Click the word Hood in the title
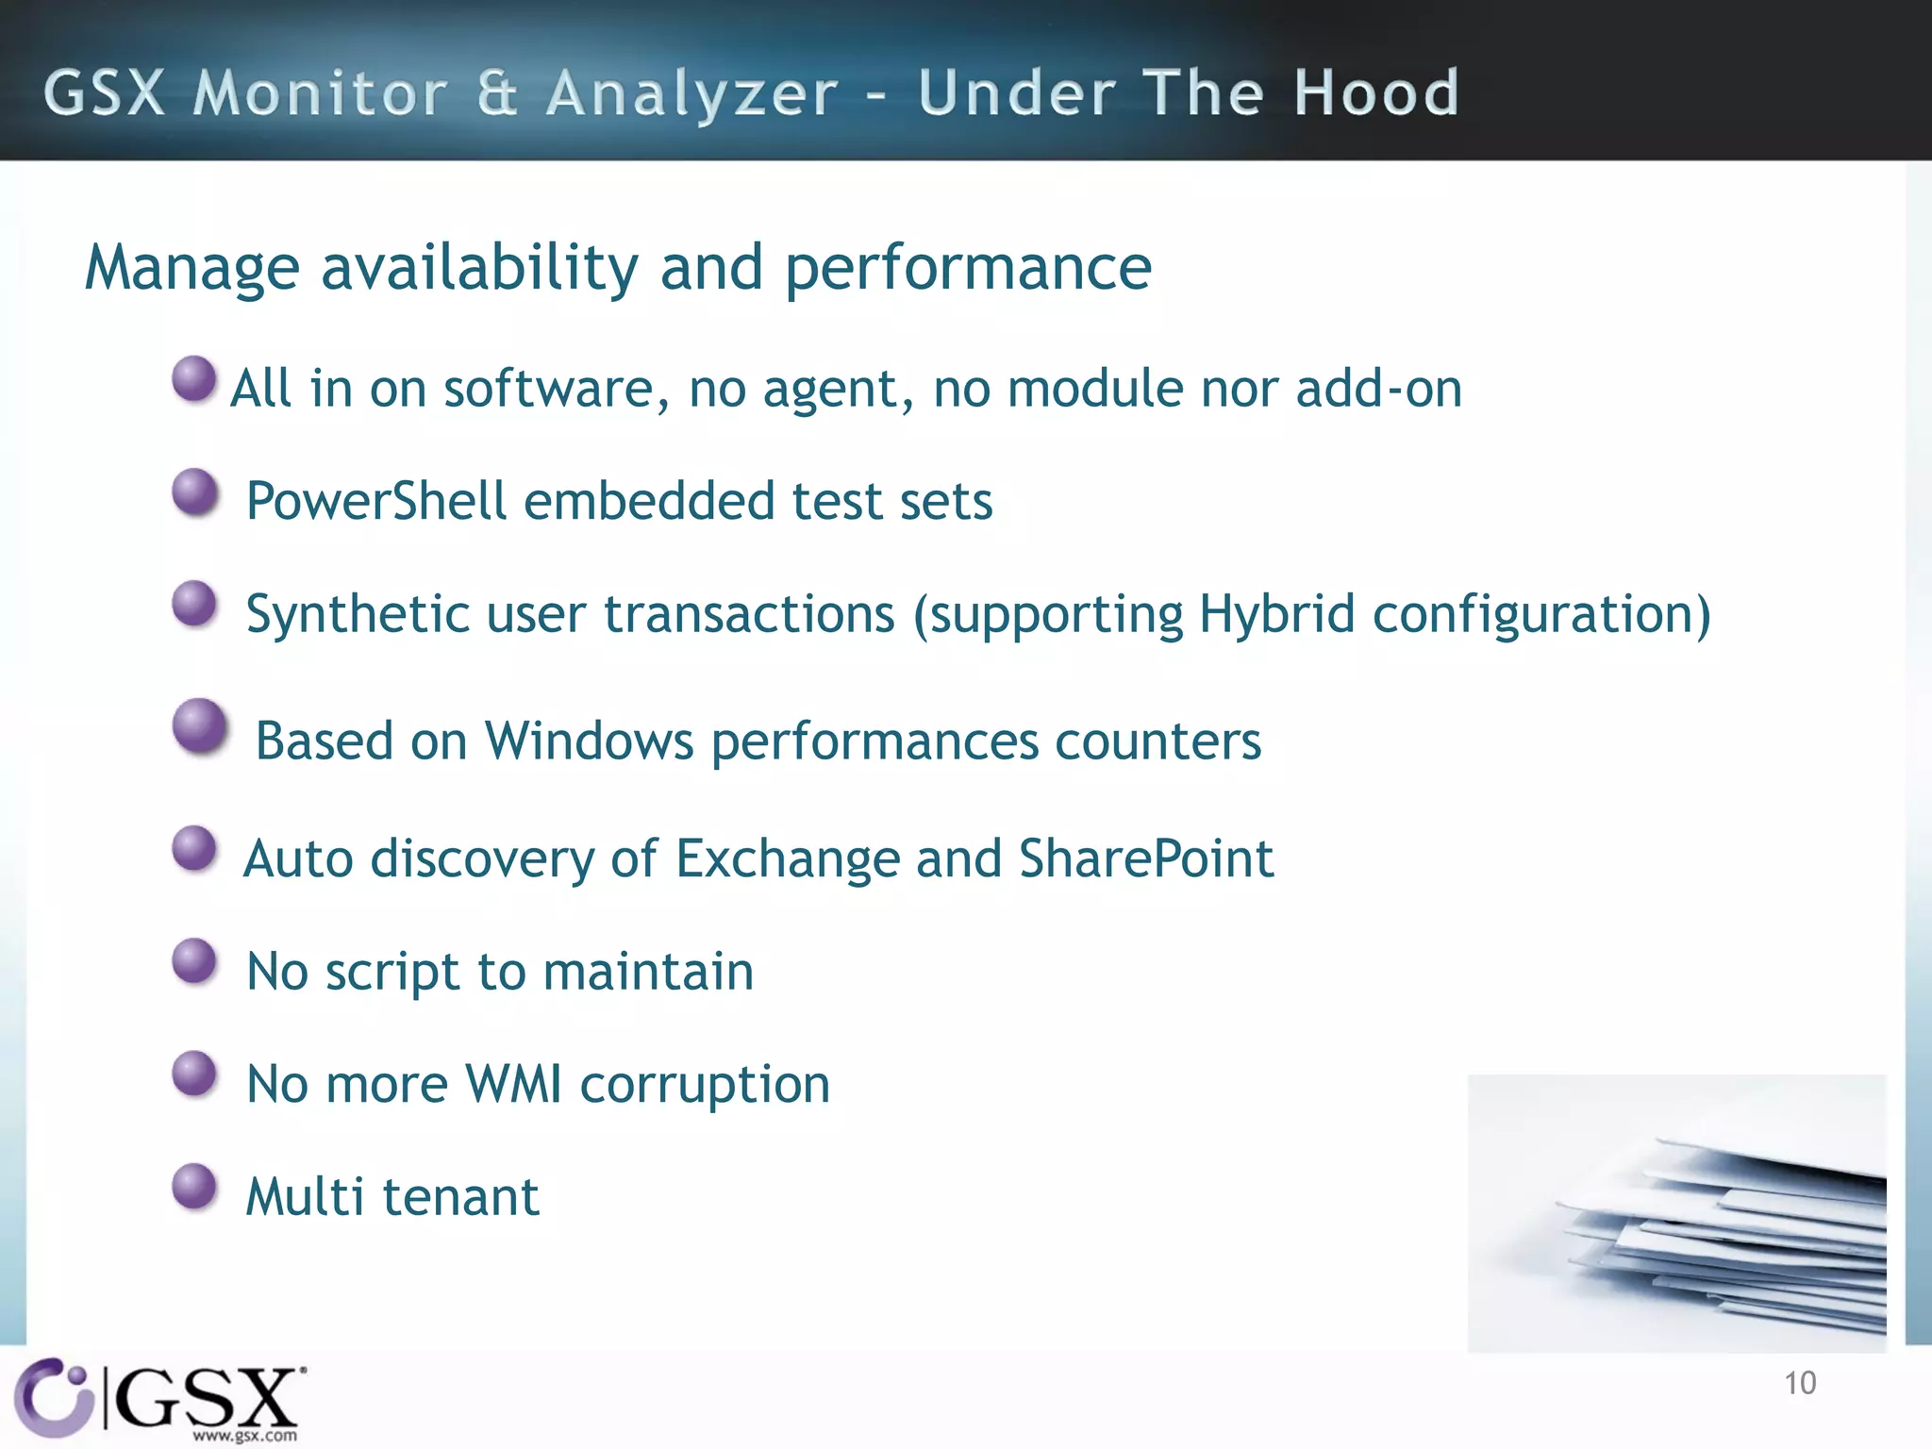pos(1376,93)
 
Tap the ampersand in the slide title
pos(496,93)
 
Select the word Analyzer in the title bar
pos(692,95)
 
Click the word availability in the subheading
pos(479,268)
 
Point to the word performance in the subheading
pos(968,270)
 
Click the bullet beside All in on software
pos(195,379)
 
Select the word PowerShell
pos(376,501)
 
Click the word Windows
pos(590,741)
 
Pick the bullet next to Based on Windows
pos(200,725)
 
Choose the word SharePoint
pos(1146,858)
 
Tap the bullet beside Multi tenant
pos(195,1186)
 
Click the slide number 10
pos(1800,1383)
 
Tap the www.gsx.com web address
pos(244,1436)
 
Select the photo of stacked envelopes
pos(1676,1213)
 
